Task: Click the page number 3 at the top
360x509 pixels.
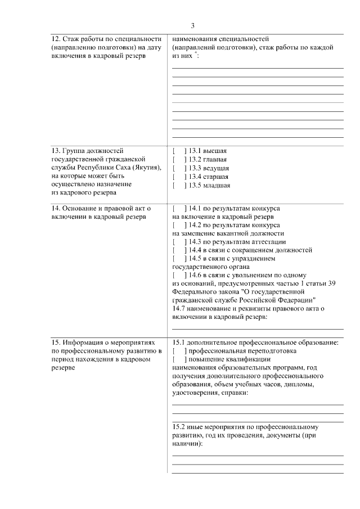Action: pos(193,26)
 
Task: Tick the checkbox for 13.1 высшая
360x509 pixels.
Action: pos(179,151)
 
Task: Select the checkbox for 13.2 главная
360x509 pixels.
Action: pos(179,159)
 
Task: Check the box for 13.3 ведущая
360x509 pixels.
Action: pos(179,168)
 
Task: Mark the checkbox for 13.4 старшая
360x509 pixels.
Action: pos(179,177)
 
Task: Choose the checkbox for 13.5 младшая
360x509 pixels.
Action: pos(179,185)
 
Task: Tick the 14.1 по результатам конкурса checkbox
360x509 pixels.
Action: pos(179,208)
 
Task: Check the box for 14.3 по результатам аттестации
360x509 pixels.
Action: pos(179,242)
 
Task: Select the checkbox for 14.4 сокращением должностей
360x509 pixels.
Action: pos(179,250)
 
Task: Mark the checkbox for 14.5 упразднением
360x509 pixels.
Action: pos(179,259)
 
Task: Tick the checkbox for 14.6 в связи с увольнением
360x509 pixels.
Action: pos(179,276)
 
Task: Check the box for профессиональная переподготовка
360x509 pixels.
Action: pos(179,351)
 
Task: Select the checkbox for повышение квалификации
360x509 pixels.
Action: pos(179,359)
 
